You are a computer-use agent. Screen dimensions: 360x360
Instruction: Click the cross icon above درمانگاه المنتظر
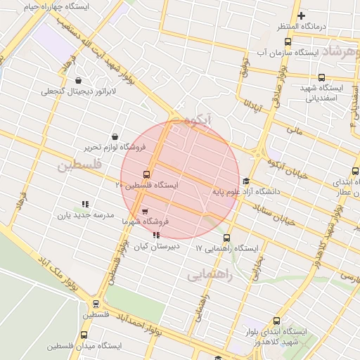301,15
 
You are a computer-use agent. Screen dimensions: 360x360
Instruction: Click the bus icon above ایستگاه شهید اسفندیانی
321,77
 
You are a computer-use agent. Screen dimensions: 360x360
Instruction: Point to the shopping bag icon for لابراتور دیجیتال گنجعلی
77,79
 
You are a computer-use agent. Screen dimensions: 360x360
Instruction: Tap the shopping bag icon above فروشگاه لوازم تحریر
115,136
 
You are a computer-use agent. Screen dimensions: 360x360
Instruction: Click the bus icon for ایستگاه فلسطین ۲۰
146,174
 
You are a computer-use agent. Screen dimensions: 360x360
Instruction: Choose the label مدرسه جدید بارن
85,216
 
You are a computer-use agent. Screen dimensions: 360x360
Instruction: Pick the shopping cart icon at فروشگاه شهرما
145,210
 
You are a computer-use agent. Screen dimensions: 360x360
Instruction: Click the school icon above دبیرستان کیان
155,236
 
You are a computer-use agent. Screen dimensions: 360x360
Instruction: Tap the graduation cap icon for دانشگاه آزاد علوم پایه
245,181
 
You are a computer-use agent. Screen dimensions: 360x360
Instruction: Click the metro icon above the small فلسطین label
96,304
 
